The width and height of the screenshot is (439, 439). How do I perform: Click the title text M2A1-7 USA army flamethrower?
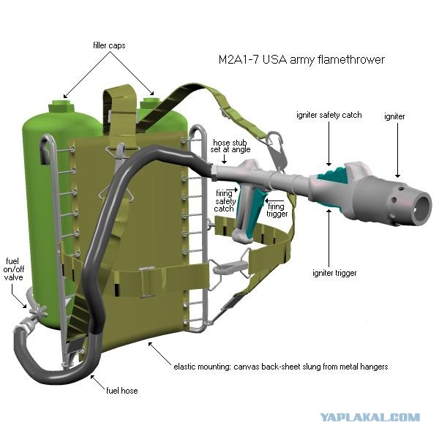[301, 60]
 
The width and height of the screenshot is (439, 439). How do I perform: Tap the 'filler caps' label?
[109, 45]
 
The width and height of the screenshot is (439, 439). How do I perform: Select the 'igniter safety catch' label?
[329, 115]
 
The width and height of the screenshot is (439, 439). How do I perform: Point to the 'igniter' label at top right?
[394, 116]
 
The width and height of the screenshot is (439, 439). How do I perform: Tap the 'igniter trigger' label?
[334, 273]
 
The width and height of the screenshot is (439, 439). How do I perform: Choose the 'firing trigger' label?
[277, 210]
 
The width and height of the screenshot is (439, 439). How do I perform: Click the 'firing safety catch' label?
[225, 201]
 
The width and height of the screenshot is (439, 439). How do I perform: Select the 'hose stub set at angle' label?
[230, 146]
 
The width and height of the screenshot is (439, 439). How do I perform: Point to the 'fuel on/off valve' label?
[14, 269]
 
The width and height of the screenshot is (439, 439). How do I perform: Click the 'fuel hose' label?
[122, 391]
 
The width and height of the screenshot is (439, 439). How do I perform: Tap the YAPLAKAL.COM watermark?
[369, 418]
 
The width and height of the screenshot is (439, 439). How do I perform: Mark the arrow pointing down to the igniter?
[397, 150]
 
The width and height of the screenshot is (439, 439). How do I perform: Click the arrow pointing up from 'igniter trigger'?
[329, 237]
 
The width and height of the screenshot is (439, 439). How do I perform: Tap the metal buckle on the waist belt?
[147, 282]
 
